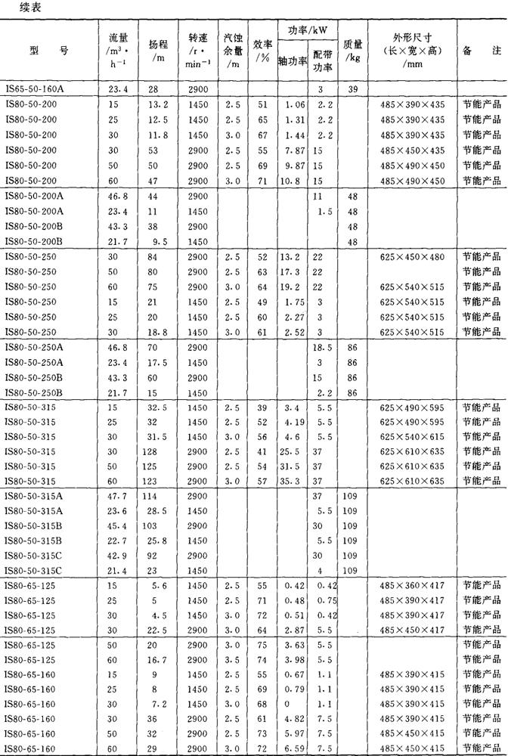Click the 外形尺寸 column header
[x=413, y=50]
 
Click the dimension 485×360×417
[x=413, y=586]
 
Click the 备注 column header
[x=481, y=50]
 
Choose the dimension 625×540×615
[x=413, y=436]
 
